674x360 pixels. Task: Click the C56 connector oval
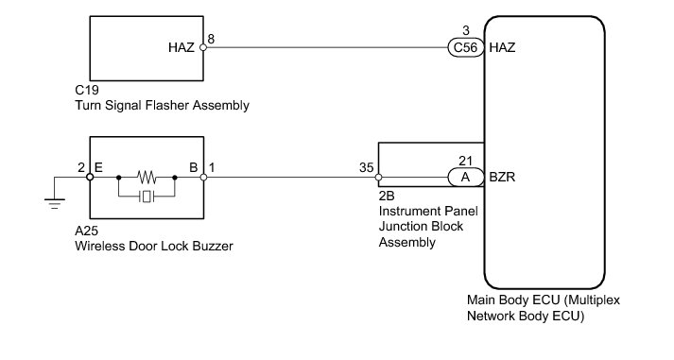[x=466, y=47]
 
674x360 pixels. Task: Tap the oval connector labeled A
[x=466, y=177]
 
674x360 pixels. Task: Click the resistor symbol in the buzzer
[x=147, y=177]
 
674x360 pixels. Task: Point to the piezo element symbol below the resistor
[x=147, y=197]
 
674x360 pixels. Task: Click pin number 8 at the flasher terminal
[x=211, y=39]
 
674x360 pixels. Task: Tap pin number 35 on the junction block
[x=367, y=167]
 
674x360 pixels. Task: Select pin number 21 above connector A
[x=465, y=161]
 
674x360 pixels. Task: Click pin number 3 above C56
[x=466, y=31]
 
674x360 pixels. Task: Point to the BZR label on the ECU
[x=502, y=177]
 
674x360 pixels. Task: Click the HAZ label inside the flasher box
[x=181, y=47]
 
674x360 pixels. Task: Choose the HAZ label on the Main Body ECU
[x=502, y=47]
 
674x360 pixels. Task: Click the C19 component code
[x=87, y=90]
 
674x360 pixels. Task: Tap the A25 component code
[x=86, y=231]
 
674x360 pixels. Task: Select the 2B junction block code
[x=387, y=196]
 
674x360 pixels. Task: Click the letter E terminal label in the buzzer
[x=98, y=167]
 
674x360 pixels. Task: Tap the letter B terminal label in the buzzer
[x=194, y=167]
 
